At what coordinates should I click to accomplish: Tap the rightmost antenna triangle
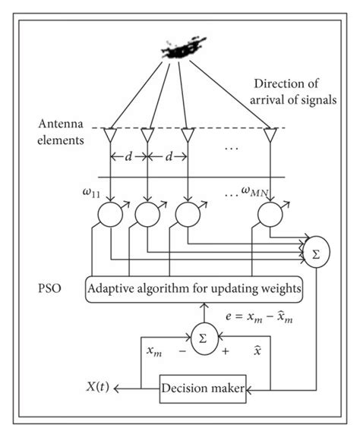coord(270,136)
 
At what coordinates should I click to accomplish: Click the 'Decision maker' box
coord(202,390)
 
